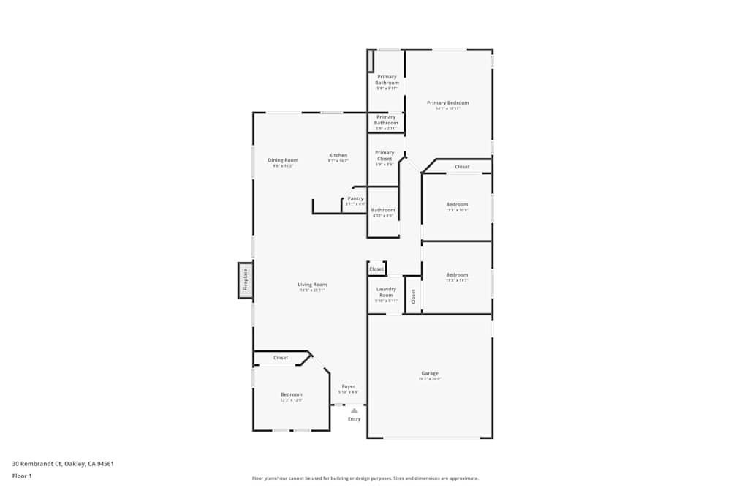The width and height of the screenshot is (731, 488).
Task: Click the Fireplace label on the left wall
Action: pos(246,279)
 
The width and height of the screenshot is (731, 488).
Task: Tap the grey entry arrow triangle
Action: pos(355,410)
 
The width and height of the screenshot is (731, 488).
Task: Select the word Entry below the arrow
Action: pos(355,419)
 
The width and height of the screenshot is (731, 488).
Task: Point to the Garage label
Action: pos(429,373)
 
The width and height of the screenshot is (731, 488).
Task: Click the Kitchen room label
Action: pos(338,155)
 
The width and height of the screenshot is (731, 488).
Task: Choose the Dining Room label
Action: pos(282,160)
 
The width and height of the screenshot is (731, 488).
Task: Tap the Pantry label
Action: pos(355,198)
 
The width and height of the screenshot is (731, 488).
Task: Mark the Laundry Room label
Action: pos(386,292)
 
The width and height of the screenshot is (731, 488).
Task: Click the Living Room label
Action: pos(312,285)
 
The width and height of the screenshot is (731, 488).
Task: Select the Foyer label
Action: pos(349,386)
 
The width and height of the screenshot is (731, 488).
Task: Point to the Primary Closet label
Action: pos(385,156)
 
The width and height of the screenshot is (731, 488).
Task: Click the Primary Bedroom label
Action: pos(447,103)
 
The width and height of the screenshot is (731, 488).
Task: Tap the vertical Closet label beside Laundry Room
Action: pos(413,296)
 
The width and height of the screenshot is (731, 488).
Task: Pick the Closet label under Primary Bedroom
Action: pos(462,167)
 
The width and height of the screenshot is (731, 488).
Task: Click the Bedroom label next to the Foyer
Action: pos(291,394)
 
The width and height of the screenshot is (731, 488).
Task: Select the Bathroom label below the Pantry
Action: pos(383,210)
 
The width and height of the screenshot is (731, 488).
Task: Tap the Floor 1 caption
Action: pos(22,476)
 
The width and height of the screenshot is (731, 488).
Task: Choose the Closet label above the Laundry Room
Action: pos(376,269)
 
